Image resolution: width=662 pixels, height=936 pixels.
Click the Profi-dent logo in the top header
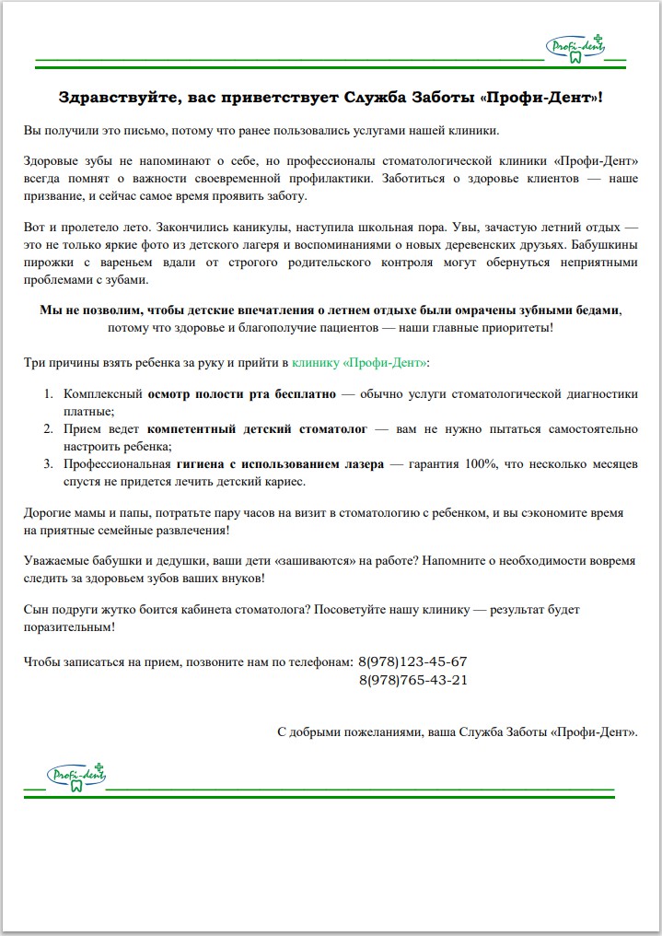pos(577,48)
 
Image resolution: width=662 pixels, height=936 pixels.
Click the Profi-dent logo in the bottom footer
pos(77,776)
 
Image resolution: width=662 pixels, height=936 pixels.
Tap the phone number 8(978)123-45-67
pos(412,661)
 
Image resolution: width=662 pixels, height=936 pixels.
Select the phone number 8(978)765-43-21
pos(412,680)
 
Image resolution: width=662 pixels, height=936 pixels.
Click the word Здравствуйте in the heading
pos(113,97)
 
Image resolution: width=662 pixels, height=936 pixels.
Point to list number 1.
pos(49,394)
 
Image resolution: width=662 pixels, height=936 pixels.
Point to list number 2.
pos(49,429)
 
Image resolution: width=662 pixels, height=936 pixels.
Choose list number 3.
pos(49,464)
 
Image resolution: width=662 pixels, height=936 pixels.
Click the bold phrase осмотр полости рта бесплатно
pos(242,394)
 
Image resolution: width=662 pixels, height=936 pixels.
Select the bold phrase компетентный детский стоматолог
pos(257,429)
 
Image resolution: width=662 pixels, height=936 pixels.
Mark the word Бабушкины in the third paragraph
pos(605,246)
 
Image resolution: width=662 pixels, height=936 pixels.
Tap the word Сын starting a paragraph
pos(34,610)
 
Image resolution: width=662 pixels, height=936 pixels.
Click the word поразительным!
pos(69,626)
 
